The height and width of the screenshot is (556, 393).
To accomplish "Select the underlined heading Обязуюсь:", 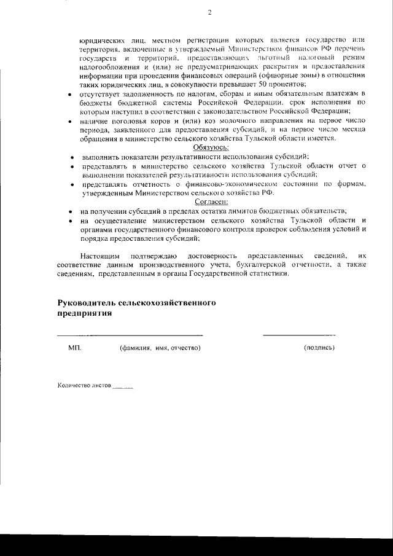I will (211, 148).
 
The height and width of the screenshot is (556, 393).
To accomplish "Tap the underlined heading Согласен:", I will (211, 201).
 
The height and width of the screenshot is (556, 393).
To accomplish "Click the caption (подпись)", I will (319, 348).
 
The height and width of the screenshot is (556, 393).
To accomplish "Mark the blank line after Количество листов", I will (123, 388).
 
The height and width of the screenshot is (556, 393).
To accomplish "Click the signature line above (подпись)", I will (299, 335).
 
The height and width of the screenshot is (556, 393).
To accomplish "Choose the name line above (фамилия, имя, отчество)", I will (130, 335).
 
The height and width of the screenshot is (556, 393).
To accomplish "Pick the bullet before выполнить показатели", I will (72, 158).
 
